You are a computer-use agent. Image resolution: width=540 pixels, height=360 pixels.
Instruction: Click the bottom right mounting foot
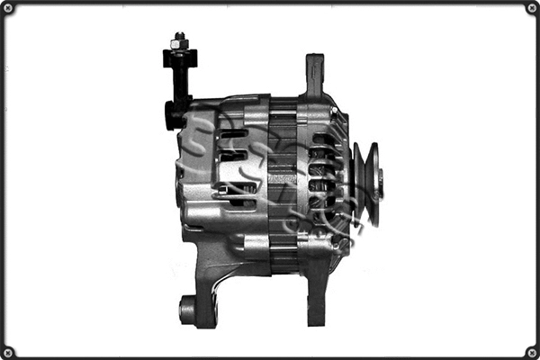[316, 301]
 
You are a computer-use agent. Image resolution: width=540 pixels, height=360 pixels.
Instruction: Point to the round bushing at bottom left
[186, 310]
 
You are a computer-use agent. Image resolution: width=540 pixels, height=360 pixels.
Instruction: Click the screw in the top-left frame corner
[8, 8]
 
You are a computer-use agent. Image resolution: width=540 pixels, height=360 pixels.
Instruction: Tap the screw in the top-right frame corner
[531, 8]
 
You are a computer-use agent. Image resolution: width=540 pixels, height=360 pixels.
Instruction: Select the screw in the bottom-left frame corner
[8, 351]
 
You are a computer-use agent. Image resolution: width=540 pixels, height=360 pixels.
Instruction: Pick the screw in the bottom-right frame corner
[531, 351]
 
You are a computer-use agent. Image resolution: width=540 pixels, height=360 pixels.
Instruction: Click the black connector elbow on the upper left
[175, 114]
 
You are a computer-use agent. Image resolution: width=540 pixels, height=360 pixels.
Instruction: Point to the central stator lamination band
[283, 184]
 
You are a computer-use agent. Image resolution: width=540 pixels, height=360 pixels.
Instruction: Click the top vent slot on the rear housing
[233, 134]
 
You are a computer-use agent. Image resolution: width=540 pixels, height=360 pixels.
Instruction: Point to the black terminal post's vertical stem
[181, 81]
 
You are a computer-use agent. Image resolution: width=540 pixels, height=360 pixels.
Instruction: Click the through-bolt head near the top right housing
[336, 112]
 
